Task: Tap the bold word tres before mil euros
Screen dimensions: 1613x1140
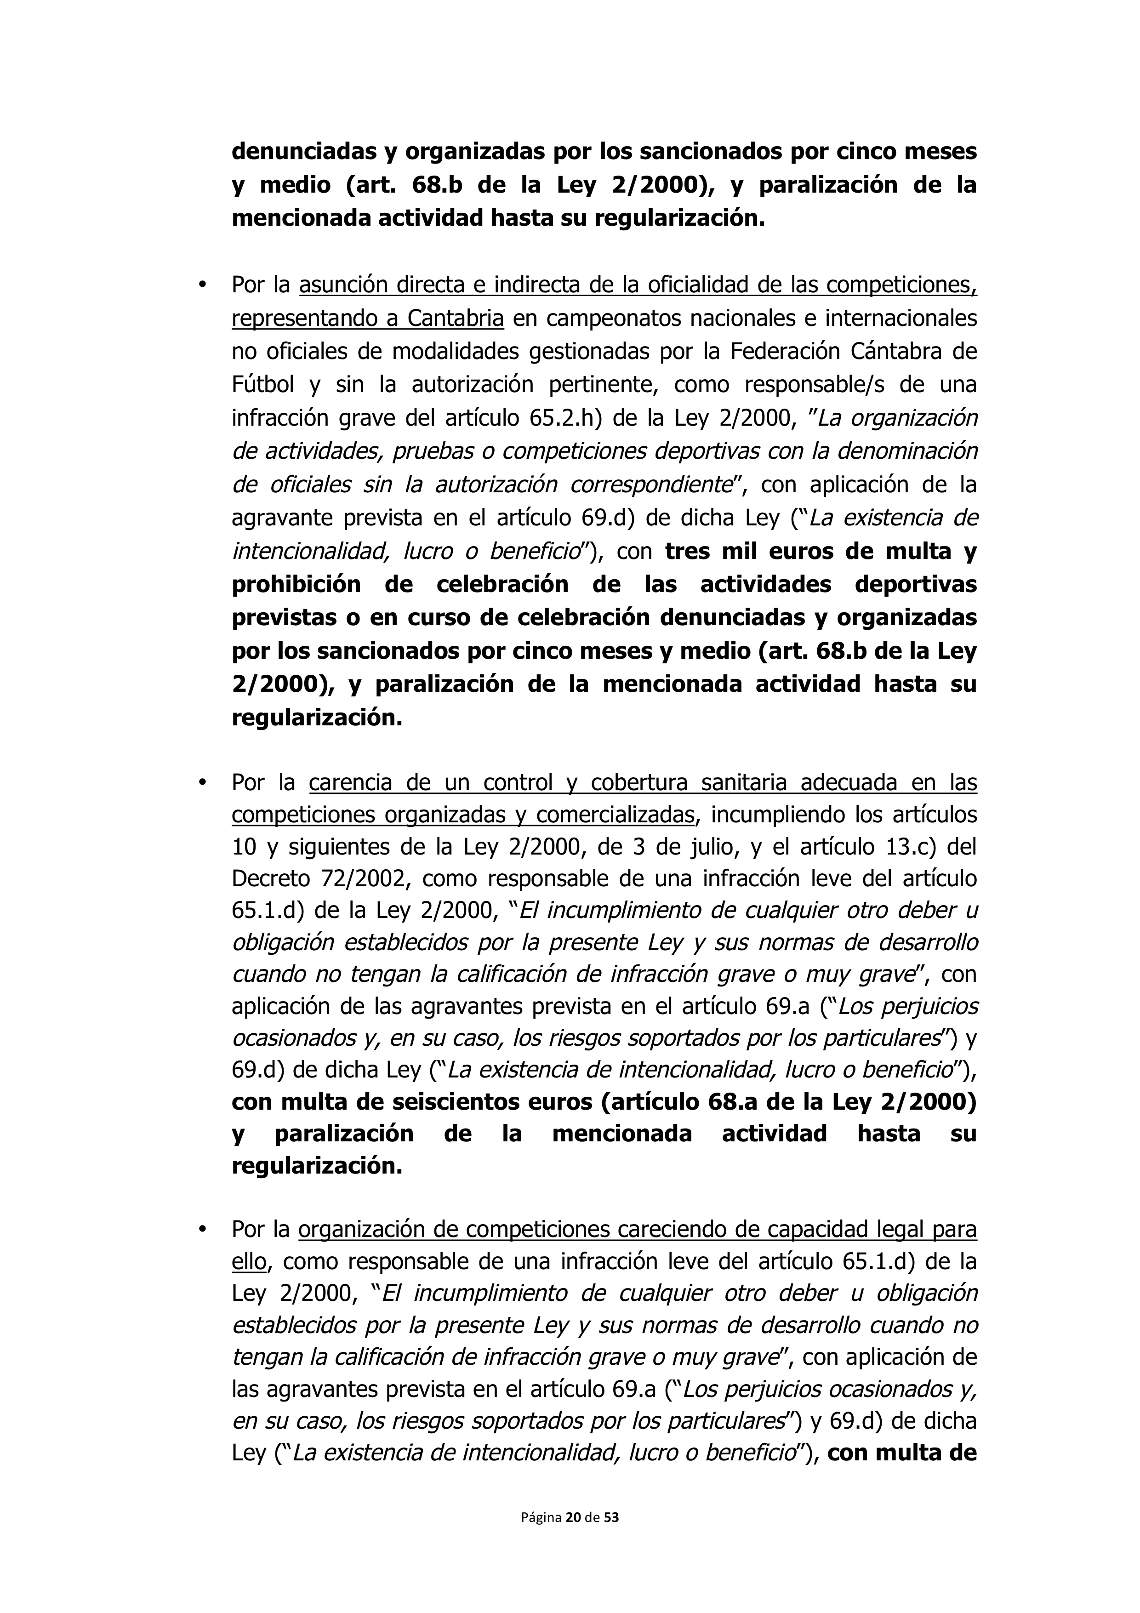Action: [688, 552]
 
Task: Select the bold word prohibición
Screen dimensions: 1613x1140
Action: [296, 585]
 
